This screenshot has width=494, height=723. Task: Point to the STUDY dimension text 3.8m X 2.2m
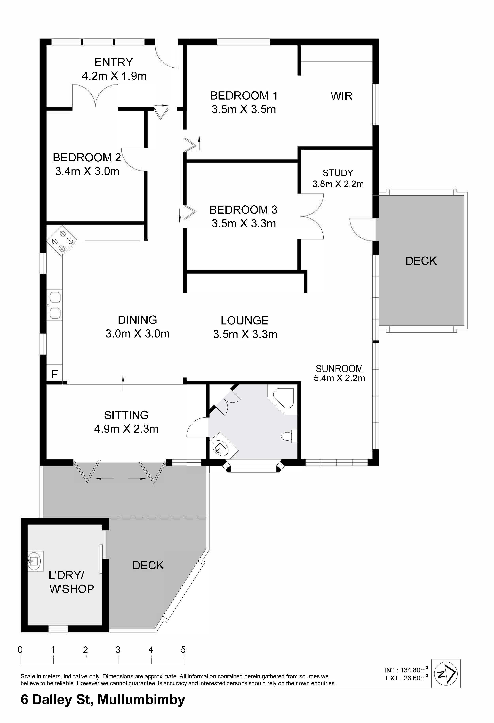click(338, 184)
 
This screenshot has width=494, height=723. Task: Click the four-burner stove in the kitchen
click(62, 241)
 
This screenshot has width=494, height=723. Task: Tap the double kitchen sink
click(55, 305)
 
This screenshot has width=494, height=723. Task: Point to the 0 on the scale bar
click(21, 650)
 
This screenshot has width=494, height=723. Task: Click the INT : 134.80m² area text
click(406, 670)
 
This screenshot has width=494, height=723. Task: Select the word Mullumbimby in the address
click(141, 700)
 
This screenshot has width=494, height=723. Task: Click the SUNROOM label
click(339, 369)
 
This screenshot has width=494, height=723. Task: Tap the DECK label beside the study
click(421, 261)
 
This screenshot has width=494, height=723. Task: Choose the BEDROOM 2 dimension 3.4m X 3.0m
click(87, 171)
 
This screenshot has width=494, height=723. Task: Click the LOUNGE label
click(245, 321)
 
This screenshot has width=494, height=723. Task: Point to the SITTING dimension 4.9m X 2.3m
click(126, 429)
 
